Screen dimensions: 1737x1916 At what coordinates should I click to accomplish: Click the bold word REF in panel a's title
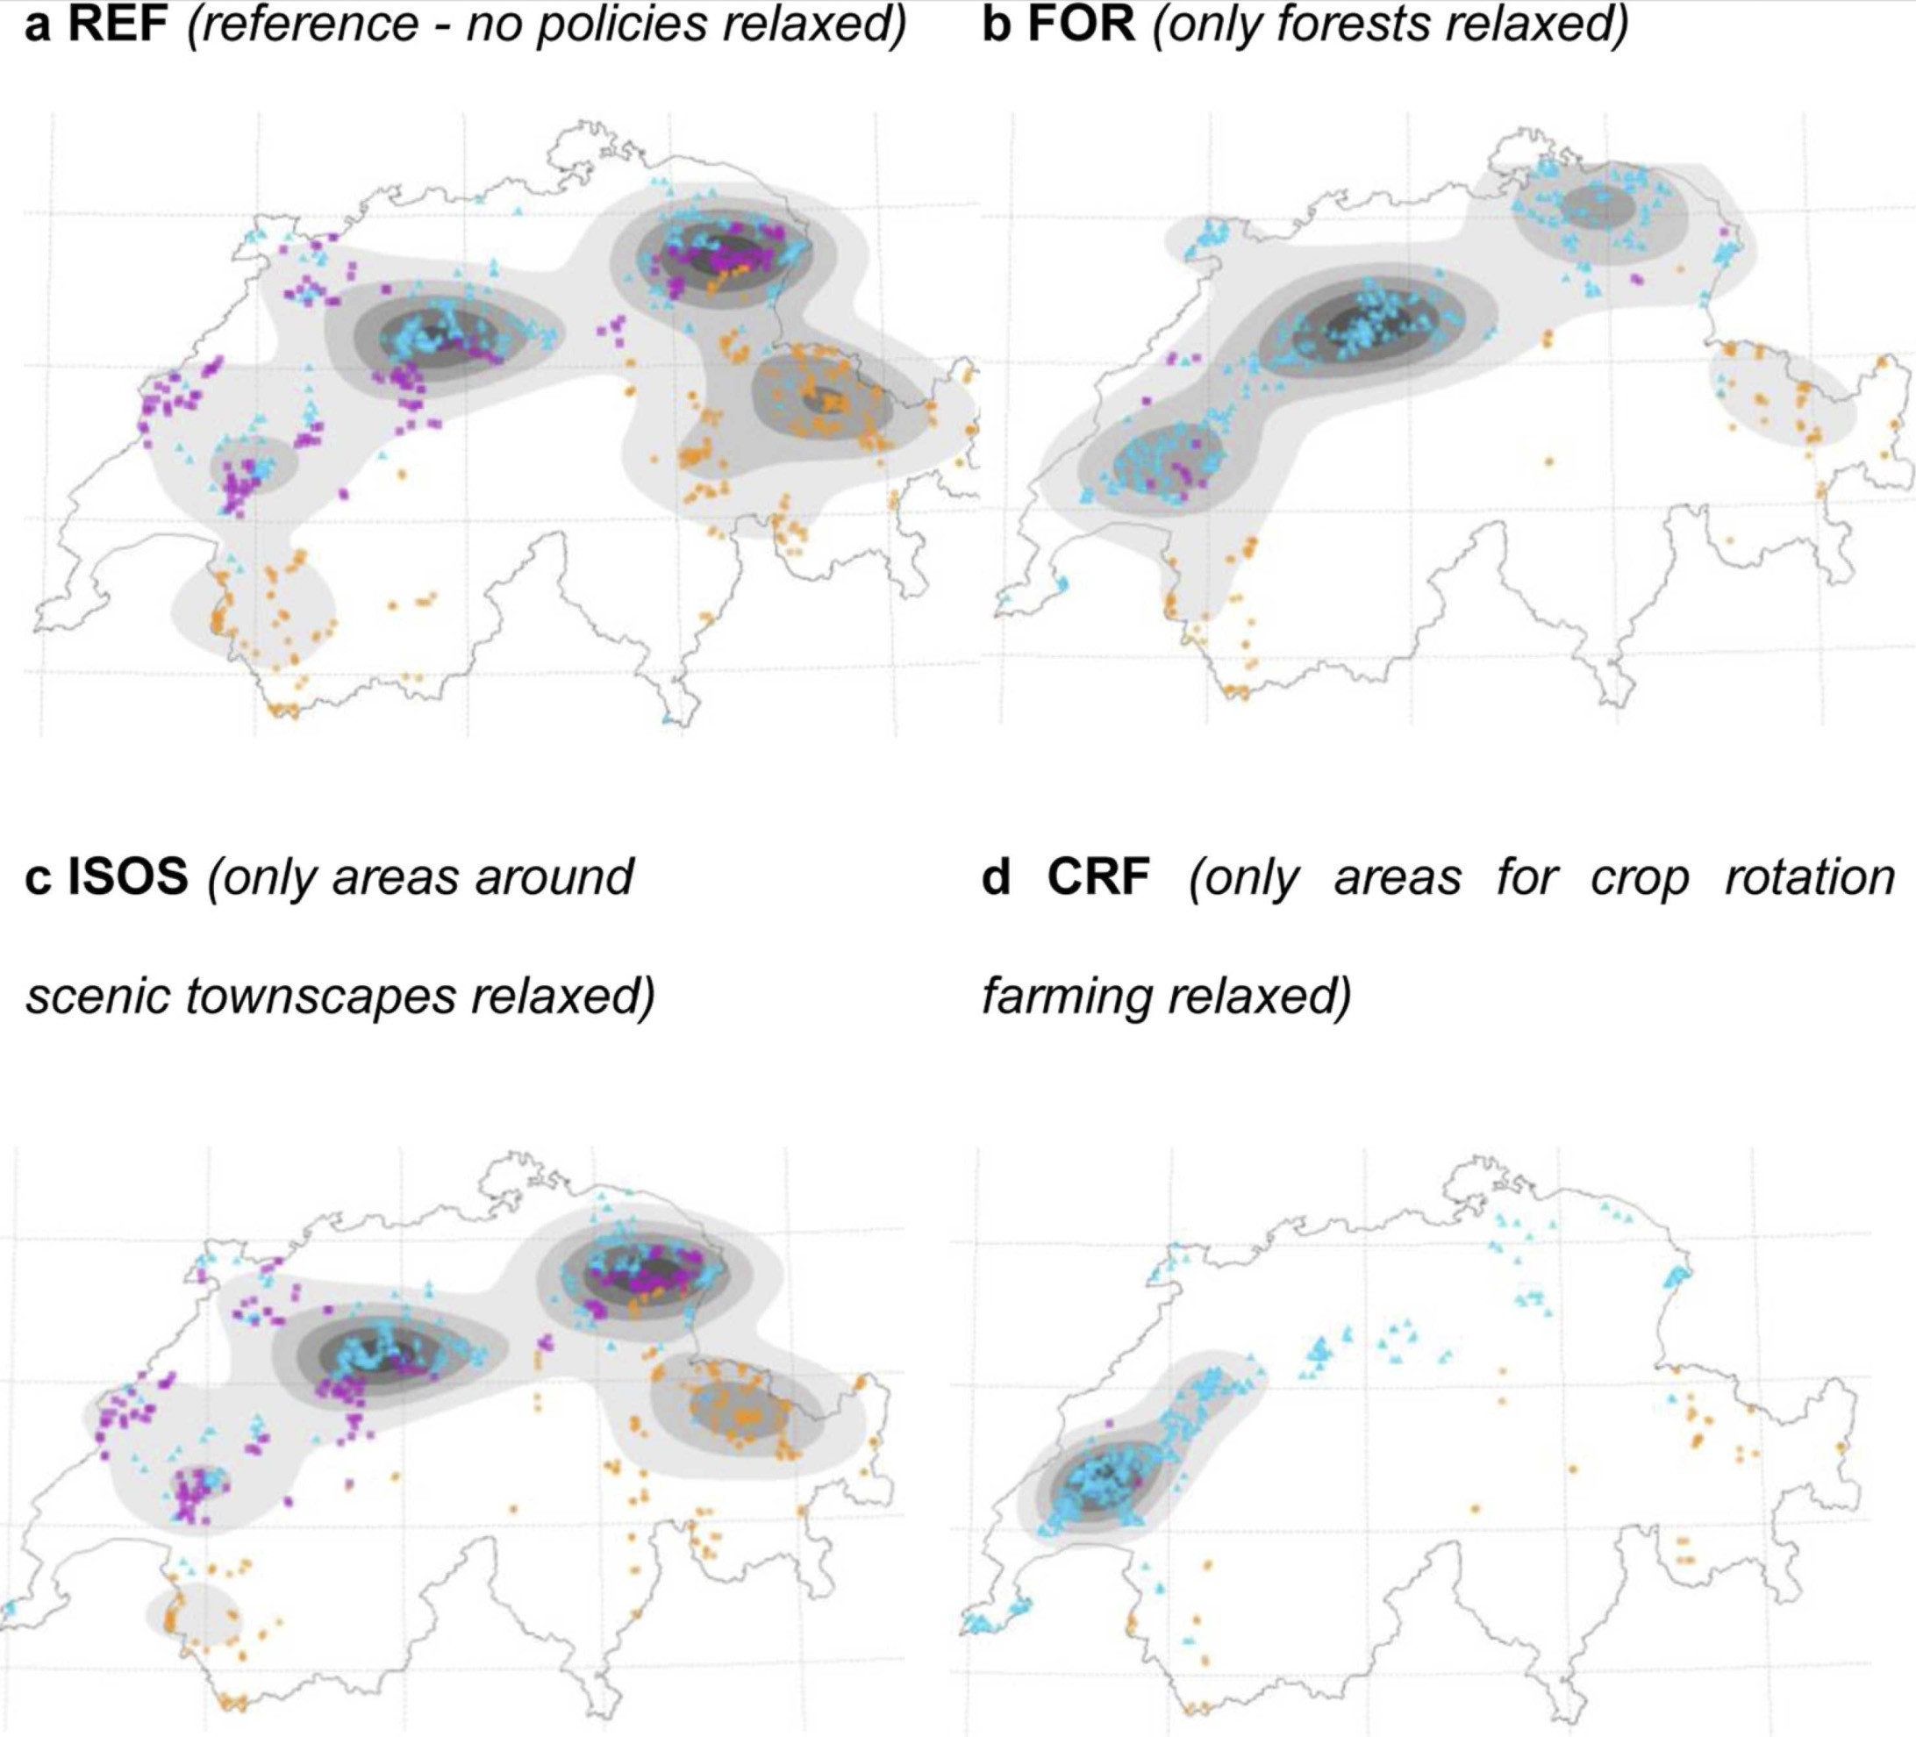118,23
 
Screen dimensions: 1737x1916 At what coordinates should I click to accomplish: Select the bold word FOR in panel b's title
1082,23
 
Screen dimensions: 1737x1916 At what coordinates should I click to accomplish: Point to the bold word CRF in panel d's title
1097,876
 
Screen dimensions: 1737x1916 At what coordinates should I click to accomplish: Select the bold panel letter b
996,23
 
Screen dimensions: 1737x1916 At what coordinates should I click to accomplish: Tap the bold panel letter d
995,876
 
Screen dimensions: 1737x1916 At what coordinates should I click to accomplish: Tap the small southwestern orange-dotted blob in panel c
194,1613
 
